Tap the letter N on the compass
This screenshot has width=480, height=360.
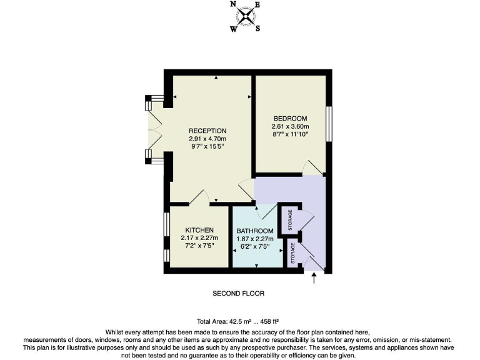click(233, 4)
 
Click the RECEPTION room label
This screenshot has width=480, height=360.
click(207, 131)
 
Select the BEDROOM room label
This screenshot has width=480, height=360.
click(290, 119)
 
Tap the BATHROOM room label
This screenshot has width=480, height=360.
click(254, 231)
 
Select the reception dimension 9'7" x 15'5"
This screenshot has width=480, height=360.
click(207, 147)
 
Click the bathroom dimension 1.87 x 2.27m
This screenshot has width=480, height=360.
click(254, 239)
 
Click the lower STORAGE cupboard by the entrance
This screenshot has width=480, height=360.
click(292, 254)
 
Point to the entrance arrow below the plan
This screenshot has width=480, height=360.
click(314, 279)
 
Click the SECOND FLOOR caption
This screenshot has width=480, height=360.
click(239, 293)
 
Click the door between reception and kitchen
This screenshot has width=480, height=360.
click(201, 197)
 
